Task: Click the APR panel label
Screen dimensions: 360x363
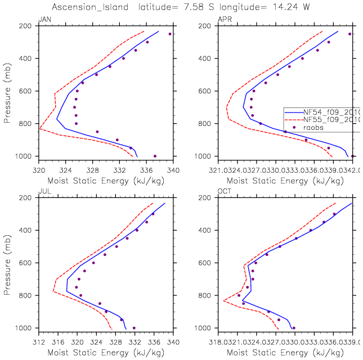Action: click(x=223, y=20)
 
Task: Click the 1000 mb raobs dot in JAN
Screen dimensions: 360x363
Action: click(x=155, y=156)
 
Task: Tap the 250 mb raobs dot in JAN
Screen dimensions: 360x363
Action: click(x=170, y=34)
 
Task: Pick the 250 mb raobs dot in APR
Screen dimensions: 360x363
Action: click(x=349, y=34)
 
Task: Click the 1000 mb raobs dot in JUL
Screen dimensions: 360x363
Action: click(x=134, y=328)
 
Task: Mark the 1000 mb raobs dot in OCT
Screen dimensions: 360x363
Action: click(x=293, y=328)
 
